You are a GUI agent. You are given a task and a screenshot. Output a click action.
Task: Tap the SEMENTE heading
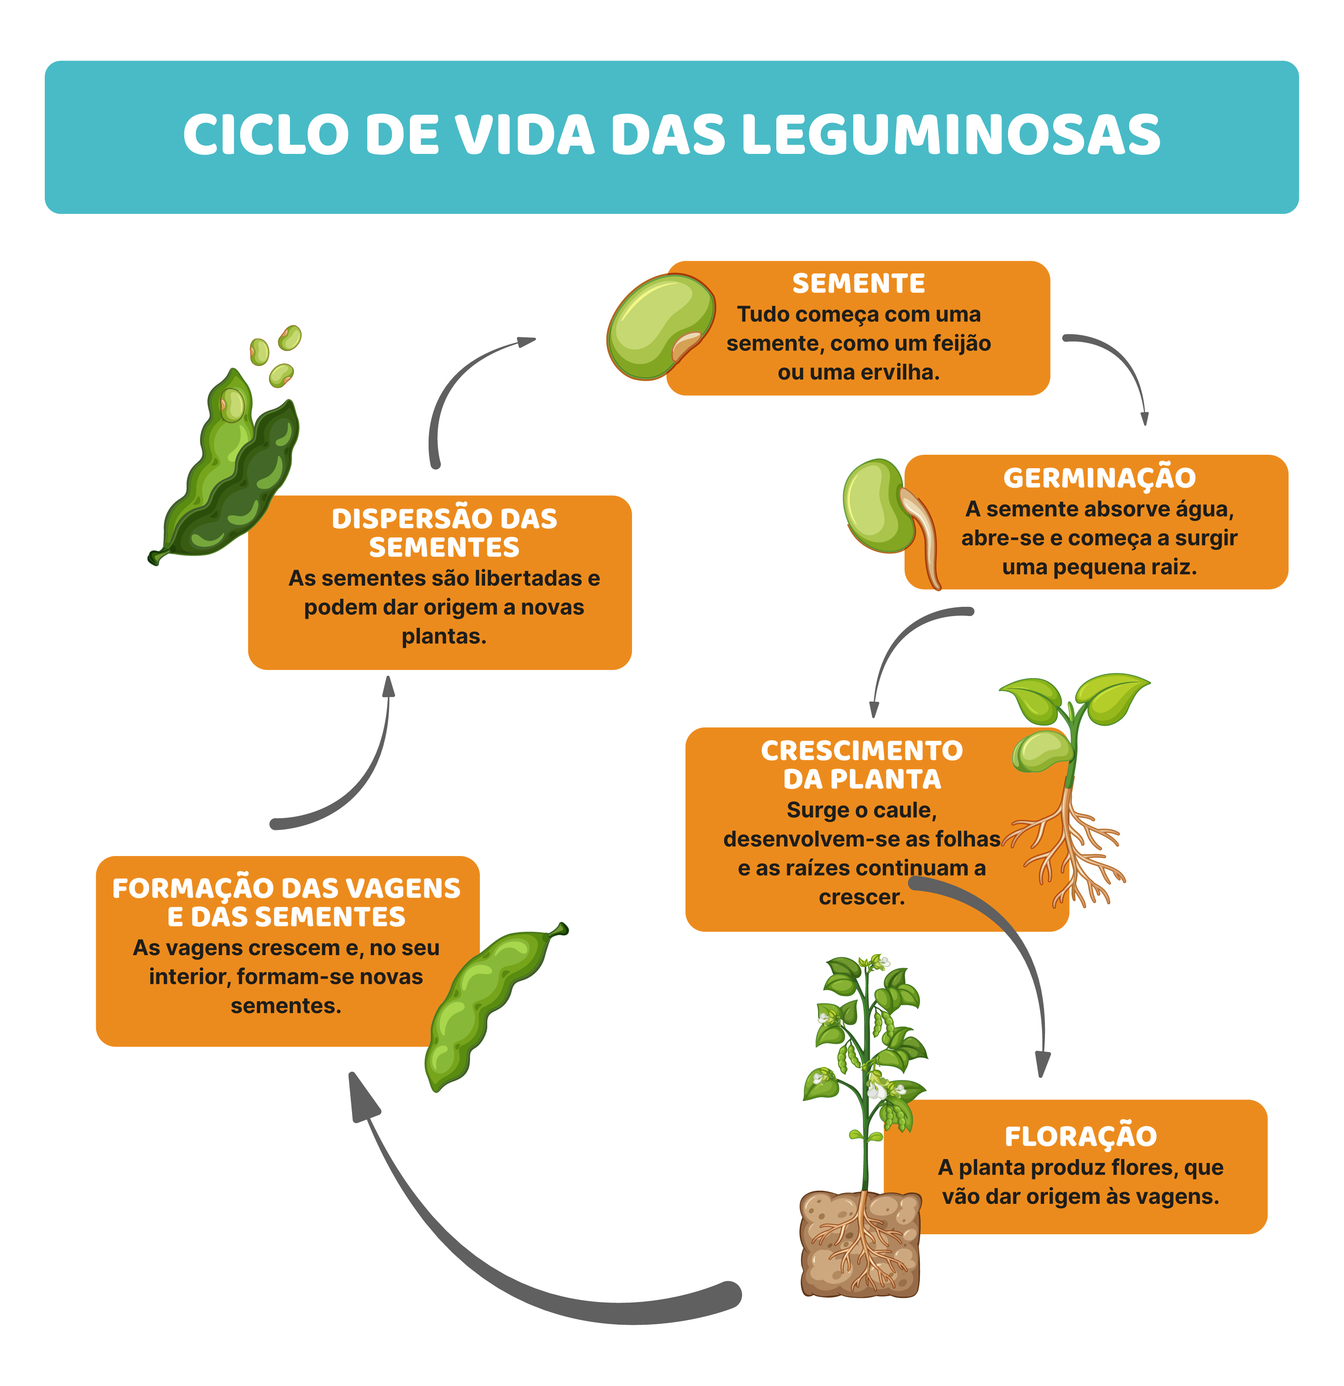(858, 283)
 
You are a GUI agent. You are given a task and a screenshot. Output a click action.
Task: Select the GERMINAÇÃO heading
(1099, 478)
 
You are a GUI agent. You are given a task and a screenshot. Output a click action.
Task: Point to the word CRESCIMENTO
(861, 750)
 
